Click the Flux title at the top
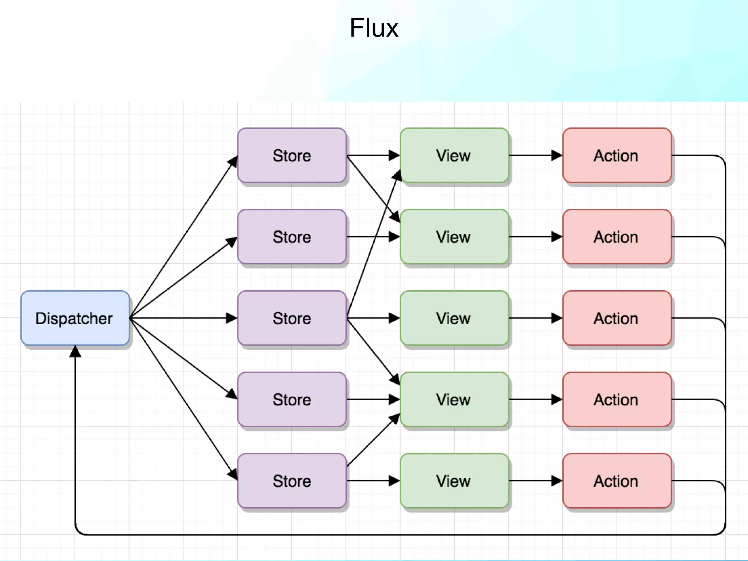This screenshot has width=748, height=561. pyautogui.click(x=374, y=28)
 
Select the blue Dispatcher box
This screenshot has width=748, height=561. pyautogui.click(x=75, y=318)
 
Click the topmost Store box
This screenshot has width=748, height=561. pyautogui.click(x=291, y=156)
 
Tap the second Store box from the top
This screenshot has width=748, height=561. pyautogui.click(x=291, y=237)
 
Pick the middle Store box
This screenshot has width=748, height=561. pyautogui.click(x=291, y=318)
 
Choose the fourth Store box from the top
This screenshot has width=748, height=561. pyautogui.click(x=291, y=400)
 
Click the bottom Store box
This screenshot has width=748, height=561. pyautogui.click(x=291, y=481)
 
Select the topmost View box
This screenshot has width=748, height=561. pyautogui.click(x=454, y=156)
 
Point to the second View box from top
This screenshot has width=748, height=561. pyautogui.click(x=454, y=237)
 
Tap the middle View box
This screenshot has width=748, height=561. pyautogui.click(x=454, y=318)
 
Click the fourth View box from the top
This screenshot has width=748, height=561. pyautogui.click(x=454, y=400)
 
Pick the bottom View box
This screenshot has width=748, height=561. pyautogui.click(x=454, y=481)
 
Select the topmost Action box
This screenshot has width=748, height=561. pyautogui.click(x=617, y=156)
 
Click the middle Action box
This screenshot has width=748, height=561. pyautogui.click(x=617, y=318)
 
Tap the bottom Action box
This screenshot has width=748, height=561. pyautogui.click(x=617, y=481)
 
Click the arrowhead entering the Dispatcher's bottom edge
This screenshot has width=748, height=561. pyautogui.click(x=75, y=351)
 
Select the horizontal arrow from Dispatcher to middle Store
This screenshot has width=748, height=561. pyautogui.click(x=183, y=318)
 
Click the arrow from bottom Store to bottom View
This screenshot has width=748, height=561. pyautogui.click(x=373, y=481)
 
